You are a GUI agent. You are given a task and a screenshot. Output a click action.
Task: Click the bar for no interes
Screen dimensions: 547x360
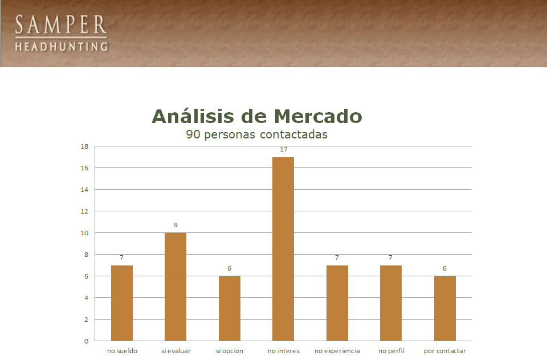[x=283, y=249]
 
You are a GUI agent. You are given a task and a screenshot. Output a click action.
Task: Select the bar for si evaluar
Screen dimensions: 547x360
[x=175, y=287]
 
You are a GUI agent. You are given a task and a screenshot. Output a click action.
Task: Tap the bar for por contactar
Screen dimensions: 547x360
[x=445, y=308]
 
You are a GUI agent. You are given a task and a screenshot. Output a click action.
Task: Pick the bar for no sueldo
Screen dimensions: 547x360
[x=122, y=303]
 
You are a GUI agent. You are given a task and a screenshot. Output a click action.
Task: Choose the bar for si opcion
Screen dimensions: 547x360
[x=230, y=308]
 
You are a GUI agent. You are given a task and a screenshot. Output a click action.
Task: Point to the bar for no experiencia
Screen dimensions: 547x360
[x=337, y=303]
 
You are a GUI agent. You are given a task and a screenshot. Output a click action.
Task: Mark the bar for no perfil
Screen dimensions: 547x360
[x=391, y=303]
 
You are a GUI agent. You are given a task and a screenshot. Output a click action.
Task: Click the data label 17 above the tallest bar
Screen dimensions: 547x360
[x=284, y=149]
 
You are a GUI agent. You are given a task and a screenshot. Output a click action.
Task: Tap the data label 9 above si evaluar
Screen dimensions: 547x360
[x=176, y=225]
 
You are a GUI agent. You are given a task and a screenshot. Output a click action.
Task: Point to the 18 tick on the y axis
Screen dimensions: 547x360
[x=84, y=146]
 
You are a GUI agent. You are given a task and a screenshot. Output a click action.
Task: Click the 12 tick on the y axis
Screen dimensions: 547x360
[x=84, y=211]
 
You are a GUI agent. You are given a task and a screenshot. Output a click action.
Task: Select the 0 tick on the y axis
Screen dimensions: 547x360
[x=87, y=341]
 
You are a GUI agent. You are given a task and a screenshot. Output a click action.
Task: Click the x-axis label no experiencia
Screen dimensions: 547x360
[x=337, y=351]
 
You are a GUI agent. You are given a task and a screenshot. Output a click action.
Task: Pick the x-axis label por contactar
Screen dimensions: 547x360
[x=445, y=351]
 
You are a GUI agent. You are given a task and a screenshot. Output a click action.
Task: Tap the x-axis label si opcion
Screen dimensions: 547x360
[x=230, y=351]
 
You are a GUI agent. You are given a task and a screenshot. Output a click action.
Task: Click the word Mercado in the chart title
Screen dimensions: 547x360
[x=318, y=116]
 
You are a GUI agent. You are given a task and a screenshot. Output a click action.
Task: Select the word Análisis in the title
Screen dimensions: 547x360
[x=193, y=116]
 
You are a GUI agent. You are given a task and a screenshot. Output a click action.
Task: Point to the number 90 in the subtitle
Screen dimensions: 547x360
[x=193, y=134]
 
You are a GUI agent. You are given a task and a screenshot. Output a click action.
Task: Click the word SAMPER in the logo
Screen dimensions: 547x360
[x=61, y=24]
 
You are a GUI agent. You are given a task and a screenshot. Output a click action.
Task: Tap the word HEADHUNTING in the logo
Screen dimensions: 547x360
[x=62, y=46]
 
